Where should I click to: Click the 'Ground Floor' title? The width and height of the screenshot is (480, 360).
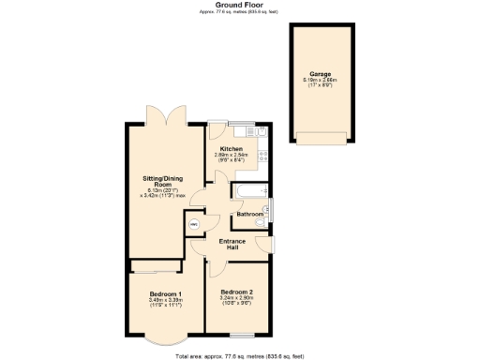(x=239, y=5)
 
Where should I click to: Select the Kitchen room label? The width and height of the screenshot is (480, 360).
(x=232, y=149)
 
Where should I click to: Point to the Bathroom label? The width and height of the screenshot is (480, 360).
(x=249, y=215)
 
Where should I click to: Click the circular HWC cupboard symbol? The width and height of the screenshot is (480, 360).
(x=195, y=225)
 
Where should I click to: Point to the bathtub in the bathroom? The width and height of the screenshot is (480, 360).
(x=247, y=194)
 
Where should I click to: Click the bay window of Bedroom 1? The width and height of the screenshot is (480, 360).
(x=163, y=338)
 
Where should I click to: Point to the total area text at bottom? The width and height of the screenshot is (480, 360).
(x=239, y=356)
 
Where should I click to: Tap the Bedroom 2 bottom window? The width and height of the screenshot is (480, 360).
(x=243, y=335)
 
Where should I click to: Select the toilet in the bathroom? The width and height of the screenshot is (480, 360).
(x=266, y=210)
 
